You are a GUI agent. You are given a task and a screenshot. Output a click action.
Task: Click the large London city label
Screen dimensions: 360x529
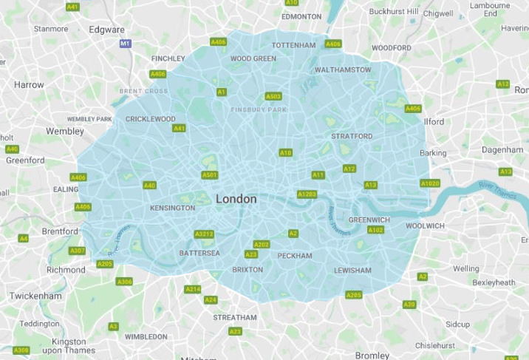[x=236, y=199]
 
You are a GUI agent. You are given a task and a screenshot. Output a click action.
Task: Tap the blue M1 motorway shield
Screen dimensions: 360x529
[x=125, y=44]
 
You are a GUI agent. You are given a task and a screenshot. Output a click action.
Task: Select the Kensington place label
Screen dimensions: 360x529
[x=172, y=208]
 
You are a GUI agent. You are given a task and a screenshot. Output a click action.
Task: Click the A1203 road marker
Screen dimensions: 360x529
[x=307, y=194]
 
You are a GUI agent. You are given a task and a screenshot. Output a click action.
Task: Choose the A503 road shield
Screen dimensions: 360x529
[x=273, y=96]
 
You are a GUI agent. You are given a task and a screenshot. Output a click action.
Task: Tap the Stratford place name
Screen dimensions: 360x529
[x=352, y=136]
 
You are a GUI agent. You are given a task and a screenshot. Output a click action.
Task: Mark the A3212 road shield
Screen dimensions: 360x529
[x=204, y=234]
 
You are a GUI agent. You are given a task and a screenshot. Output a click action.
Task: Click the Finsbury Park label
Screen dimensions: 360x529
[x=258, y=110]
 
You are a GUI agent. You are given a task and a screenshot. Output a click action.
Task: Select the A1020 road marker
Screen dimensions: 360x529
[x=430, y=183]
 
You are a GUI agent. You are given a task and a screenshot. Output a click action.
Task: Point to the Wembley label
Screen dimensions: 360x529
[x=65, y=131]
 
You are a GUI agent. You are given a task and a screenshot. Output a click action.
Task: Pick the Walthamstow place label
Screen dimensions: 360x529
[x=343, y=69]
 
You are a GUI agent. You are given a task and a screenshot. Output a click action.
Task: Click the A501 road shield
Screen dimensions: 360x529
[x=210, y=175]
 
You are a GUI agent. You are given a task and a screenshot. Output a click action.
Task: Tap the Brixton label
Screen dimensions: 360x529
[x=248, y=270]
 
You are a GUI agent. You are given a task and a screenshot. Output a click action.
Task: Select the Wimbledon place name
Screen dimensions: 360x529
[x=146, y=336]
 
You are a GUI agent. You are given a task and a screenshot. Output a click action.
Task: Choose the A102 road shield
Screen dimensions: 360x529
[x=375, y=230]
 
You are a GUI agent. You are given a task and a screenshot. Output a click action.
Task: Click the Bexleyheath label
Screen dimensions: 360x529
[x=494, y=282]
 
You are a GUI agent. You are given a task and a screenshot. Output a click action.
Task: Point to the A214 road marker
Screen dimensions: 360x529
[x=193, y=289]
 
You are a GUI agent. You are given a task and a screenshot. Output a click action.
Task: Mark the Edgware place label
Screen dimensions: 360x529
[x=106, y=30]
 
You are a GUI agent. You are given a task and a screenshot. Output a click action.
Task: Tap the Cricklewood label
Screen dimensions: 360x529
[x=151, y=119]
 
